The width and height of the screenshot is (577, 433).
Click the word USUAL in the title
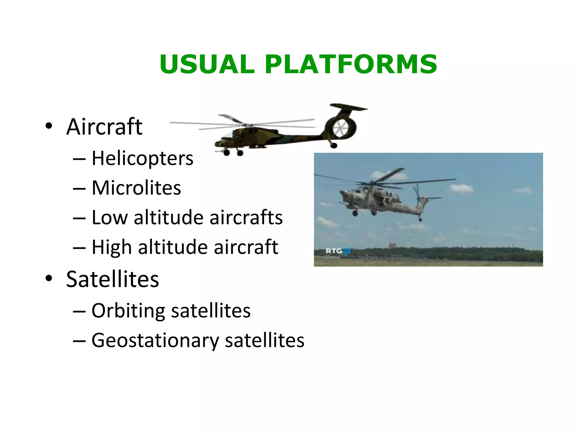[207, 64]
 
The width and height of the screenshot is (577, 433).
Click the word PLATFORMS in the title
[351, 64]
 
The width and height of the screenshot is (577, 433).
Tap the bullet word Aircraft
[104, 127]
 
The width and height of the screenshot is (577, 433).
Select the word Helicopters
[142, 158]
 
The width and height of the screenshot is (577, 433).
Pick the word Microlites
[136, 188]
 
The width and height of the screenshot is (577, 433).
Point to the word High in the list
[112, 247]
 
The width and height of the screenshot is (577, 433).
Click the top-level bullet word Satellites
[112, 279]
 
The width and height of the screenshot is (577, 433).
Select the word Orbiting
[128, 311]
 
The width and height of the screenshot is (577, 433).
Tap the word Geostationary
[155, 341]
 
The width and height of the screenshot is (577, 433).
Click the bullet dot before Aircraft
[49, 126]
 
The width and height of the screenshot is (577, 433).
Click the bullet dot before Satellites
[49, 279]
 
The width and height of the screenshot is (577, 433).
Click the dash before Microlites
[79, 188]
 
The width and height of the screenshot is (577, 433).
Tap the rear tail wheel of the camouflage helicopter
[334, 145]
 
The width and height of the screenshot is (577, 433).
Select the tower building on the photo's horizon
[391, 246]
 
